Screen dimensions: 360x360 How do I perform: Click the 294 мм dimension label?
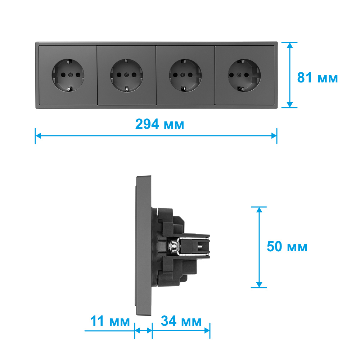159,124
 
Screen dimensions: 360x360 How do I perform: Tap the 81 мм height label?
317,78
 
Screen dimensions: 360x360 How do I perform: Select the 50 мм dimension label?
287,247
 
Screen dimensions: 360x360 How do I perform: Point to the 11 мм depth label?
110,321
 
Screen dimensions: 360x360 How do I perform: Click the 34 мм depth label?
181,321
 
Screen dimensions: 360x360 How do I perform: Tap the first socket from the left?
68,75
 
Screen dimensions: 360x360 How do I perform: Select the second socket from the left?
126,75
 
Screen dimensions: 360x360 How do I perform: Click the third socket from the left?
185,75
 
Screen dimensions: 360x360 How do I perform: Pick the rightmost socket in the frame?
244,75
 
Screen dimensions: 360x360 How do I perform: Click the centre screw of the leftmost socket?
71,75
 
